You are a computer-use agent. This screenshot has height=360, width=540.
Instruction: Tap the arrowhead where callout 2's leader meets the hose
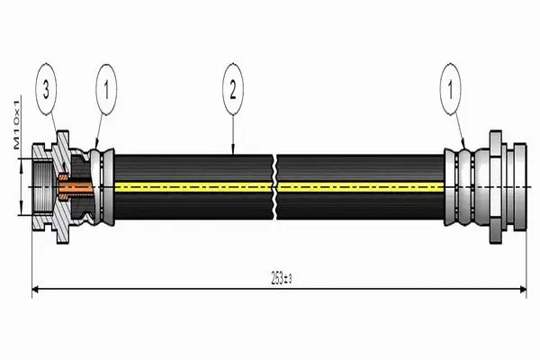point(232,153)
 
